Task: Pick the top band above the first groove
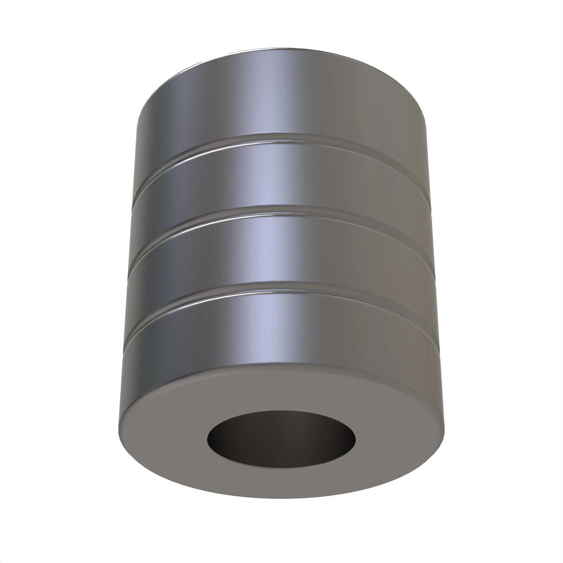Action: (x=281, y=94)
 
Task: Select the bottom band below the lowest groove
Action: (x=281, y=328)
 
